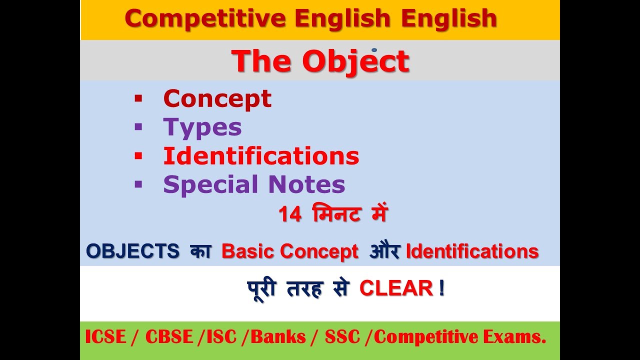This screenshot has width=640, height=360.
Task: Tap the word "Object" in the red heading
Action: pos(355,61)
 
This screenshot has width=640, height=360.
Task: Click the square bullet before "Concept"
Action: pos(138,98)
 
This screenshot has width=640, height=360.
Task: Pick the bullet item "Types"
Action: pos(202,127)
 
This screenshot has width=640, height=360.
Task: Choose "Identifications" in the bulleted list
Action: pos(261,156)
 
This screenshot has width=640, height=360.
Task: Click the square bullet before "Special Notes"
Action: pos(138,184)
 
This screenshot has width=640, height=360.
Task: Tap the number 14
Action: pos(290,215)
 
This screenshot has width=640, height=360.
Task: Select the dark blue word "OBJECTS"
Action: pos(132,251)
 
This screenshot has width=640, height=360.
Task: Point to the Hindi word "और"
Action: pos(384,251)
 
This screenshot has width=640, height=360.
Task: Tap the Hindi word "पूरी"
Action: pos(262,288)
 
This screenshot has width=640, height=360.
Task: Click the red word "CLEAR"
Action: pos(396,288)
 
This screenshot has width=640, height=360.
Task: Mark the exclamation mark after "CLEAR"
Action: pos(441,288)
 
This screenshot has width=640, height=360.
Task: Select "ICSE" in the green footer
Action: pos(105,337)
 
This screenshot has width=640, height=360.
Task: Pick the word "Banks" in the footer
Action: pos(278,337)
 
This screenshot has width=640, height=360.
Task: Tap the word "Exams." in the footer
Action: pos(523,337)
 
